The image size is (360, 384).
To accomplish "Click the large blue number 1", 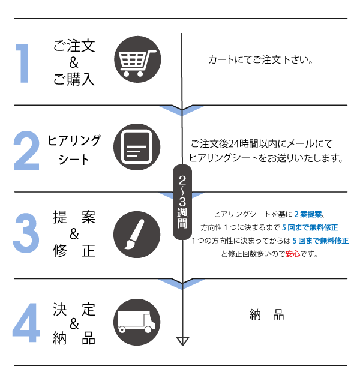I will click(23, 62).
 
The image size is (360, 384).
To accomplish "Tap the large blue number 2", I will click(26, 148).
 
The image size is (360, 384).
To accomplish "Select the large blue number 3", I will click(26, 233).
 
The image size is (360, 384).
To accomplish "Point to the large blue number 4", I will click(26, 322).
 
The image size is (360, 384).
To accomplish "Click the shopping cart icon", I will click(137, 61).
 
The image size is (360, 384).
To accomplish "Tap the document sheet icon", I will click(137, 147).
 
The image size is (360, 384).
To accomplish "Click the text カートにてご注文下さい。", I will click(262, 61).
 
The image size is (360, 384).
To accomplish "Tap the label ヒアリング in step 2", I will click(74, 140).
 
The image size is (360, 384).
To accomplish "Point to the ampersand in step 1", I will click(74, 62).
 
